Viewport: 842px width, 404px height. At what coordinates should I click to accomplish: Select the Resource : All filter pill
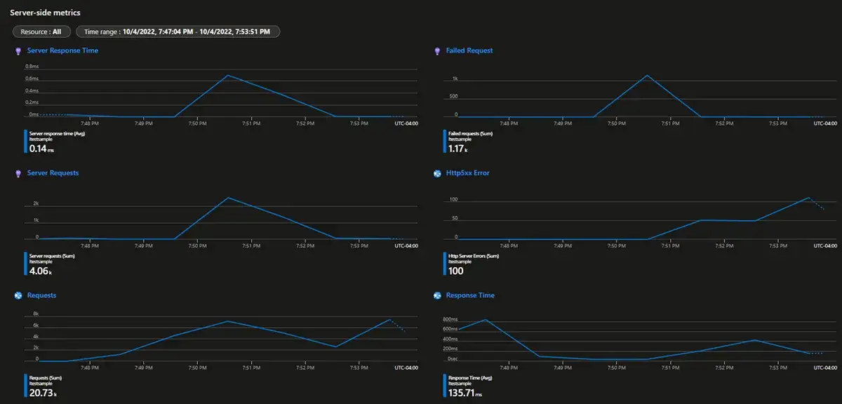coord(41,32)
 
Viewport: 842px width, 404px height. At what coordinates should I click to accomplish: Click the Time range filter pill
coord(178,32)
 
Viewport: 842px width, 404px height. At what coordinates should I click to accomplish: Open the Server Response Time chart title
coord(62,50)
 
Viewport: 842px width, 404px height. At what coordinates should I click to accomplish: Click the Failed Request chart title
coord(469,50)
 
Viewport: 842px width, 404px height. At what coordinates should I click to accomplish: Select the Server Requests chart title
coord(53,173)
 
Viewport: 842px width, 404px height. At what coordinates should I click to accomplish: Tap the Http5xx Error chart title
coord(467,173)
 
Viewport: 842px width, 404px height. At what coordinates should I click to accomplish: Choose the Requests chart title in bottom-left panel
coord(41,295)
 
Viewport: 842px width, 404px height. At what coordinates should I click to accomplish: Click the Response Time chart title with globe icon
coord(469,295)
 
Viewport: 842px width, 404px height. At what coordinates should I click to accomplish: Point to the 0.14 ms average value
coord(41,149)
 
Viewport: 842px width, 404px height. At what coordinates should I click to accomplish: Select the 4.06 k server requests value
coord(41,271)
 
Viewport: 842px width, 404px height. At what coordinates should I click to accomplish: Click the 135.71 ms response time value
coord(465,393)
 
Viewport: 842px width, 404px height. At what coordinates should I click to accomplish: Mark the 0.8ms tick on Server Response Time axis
coord(32,67)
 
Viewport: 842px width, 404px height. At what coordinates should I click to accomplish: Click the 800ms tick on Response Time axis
coord(449,320)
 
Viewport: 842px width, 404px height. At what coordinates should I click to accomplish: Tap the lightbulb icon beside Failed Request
coord(438,50)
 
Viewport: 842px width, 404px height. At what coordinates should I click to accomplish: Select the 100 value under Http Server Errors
coord(457,271)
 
